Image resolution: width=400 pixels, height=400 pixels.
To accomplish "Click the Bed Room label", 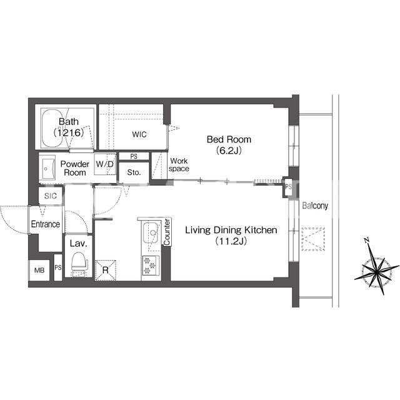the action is [229, 139].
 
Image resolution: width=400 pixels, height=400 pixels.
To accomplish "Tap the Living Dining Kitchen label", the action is [231, 230].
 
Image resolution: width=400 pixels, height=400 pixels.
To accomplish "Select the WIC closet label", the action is [139, 134].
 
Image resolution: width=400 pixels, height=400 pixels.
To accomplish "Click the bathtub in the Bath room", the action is [54, 128].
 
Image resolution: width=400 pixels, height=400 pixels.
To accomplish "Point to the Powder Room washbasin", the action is [47, 168].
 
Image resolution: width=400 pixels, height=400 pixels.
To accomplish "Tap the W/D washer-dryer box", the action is [105, 164].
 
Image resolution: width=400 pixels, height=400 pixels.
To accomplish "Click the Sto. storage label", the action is [134, 172].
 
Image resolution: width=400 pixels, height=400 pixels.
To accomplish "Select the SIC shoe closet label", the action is [50, 196].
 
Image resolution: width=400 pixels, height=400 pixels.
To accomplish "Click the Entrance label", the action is [46, 224].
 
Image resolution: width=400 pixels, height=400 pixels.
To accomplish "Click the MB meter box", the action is [39, 270].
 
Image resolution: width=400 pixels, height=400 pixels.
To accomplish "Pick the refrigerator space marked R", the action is [106, 270].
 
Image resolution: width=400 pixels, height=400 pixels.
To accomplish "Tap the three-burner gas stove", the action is [151, 265].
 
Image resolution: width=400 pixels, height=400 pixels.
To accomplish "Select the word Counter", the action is [167, 232].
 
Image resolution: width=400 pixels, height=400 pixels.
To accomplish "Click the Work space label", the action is [179, 165].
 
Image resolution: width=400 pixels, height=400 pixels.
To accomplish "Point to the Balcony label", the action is [315, 206].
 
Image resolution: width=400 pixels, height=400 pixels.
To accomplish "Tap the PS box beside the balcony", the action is [288, 187].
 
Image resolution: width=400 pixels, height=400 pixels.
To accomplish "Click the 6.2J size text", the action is [229, 151].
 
